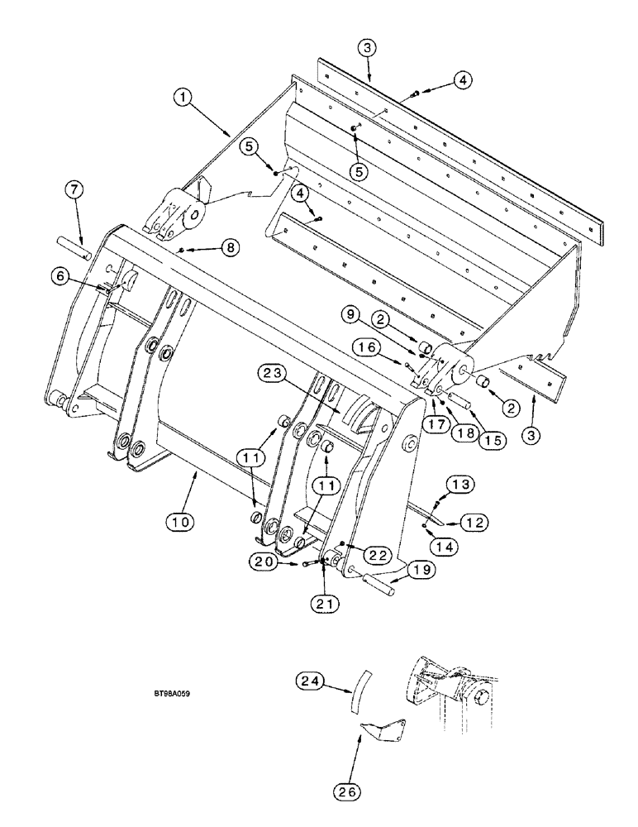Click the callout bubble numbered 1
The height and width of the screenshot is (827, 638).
(184, 98)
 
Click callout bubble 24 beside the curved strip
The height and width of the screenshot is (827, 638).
(308, 681)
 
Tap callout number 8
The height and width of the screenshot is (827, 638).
(231, 246)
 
